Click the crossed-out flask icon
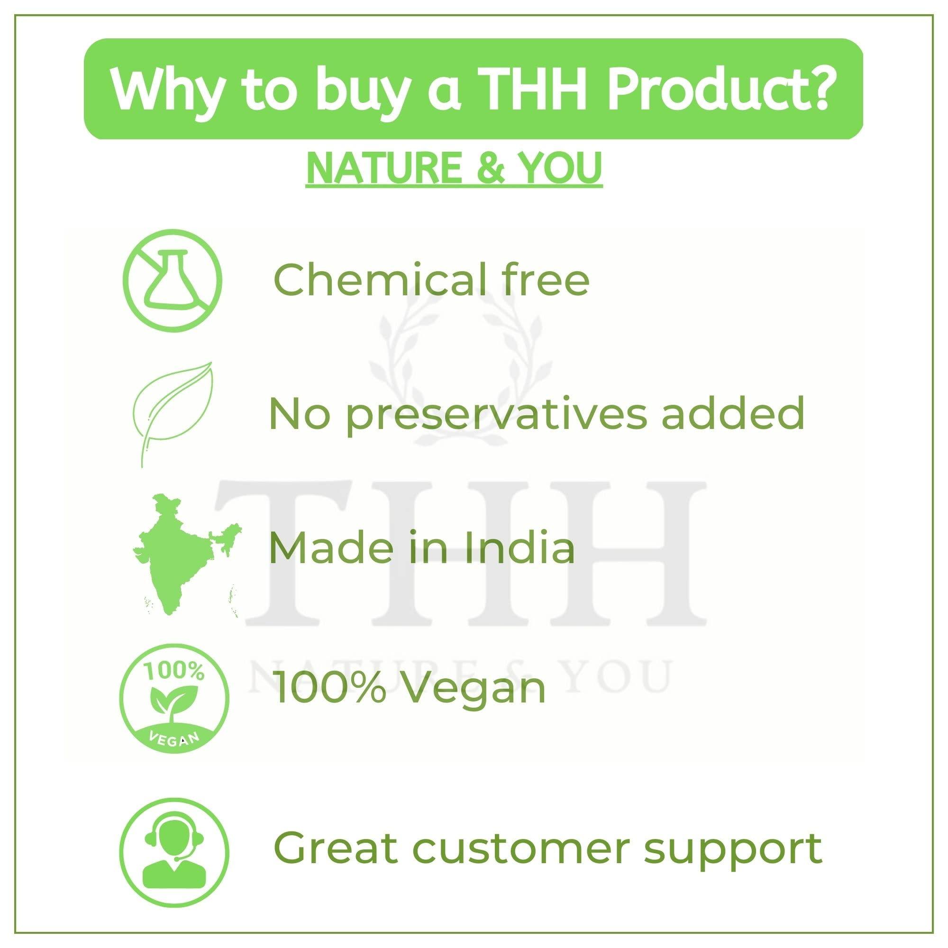172,281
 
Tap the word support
733,835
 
